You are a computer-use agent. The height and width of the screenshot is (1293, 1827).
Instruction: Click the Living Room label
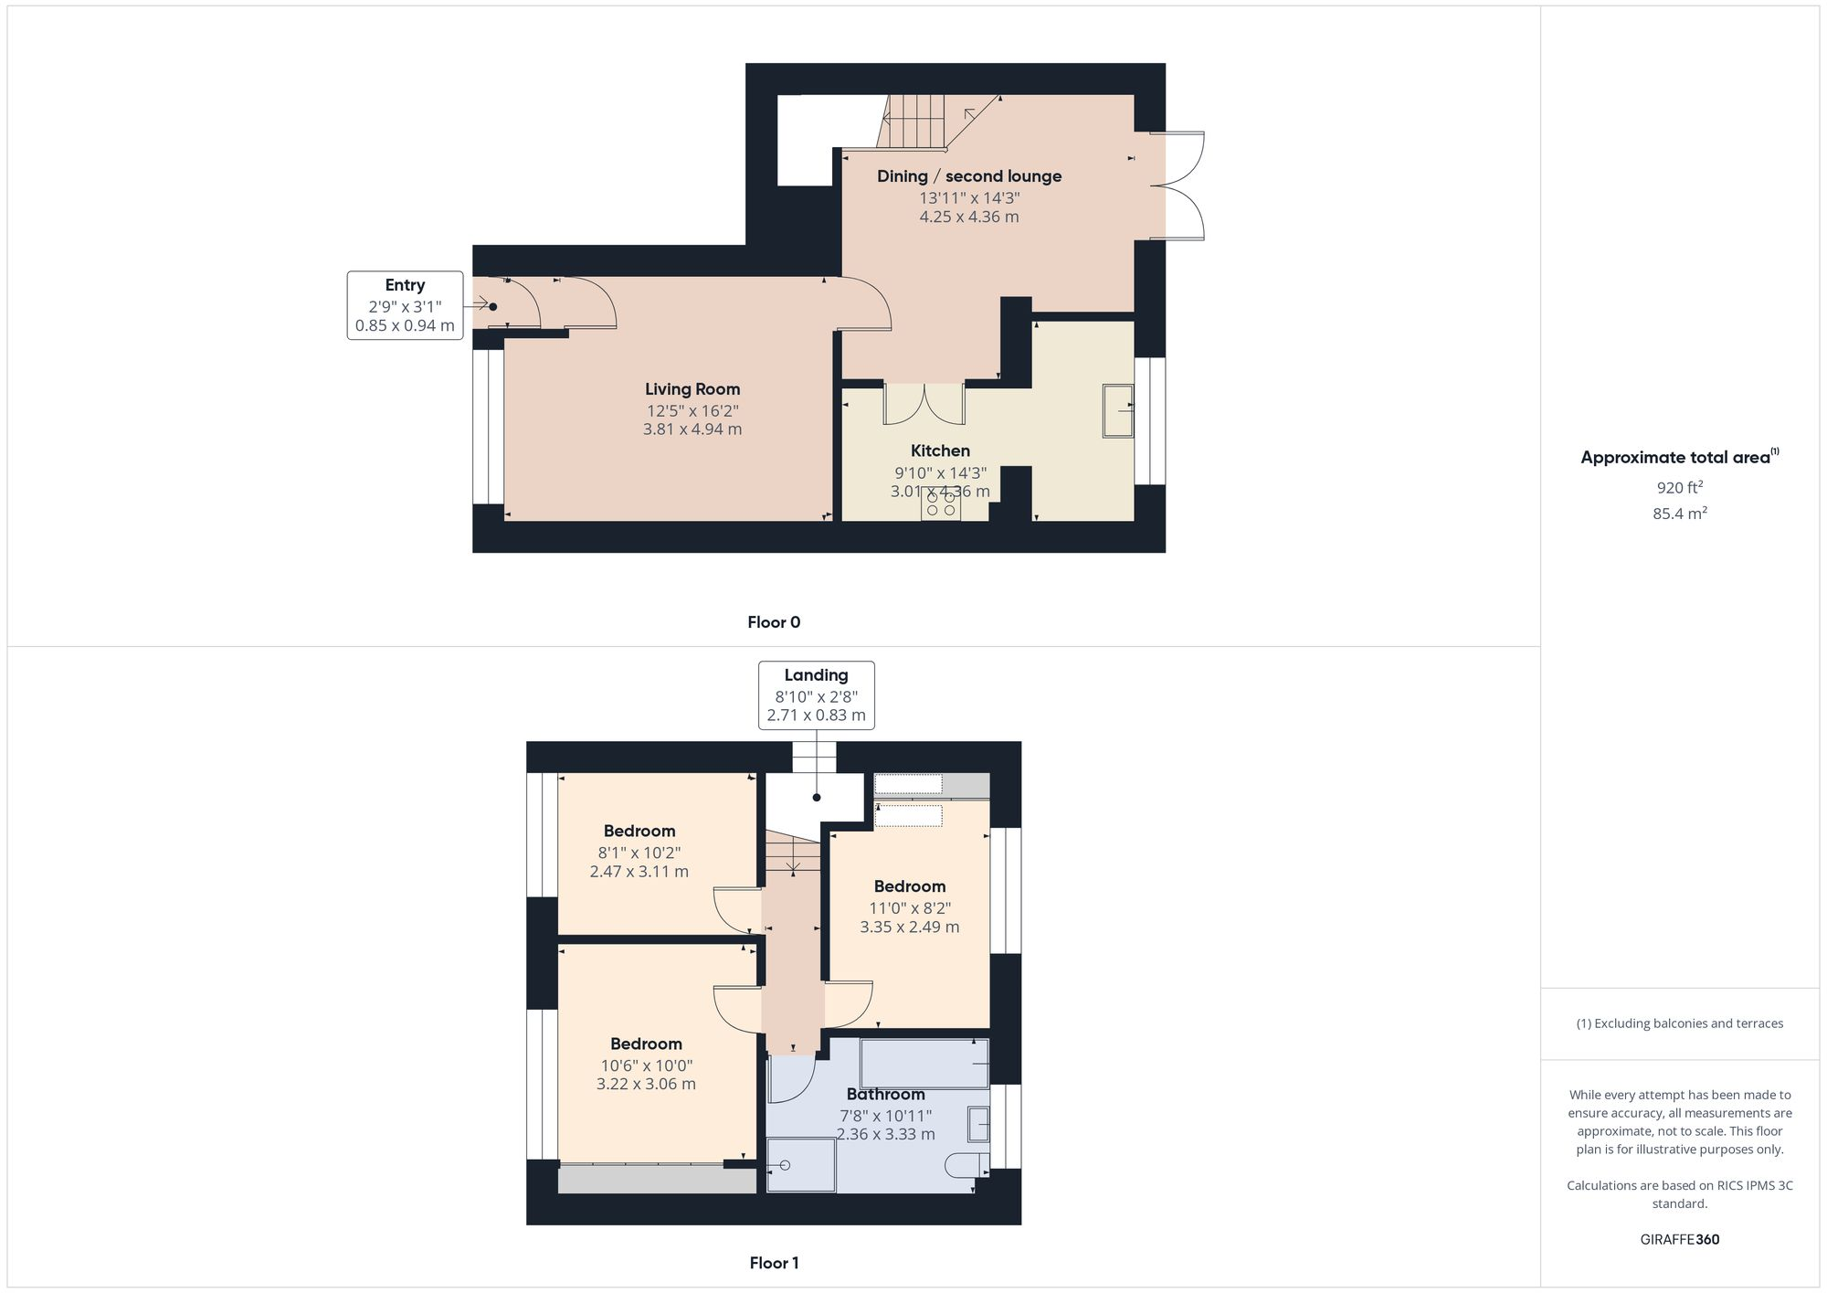click(x=692, y=389)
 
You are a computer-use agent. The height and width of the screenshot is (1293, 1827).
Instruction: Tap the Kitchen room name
click(x=940, y=450)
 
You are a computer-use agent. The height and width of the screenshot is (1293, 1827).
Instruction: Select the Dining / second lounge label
click(x=968, y=176)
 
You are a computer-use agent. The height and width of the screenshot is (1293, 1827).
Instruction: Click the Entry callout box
click(x=405, y=305)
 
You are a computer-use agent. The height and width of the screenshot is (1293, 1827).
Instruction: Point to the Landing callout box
click(x=816, y=694)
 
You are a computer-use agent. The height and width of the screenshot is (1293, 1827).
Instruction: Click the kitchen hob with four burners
click(x=940, y=505)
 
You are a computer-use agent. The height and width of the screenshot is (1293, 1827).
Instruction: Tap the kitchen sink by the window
click(x=1117, y=410)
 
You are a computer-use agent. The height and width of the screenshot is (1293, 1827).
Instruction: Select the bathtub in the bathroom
click(x=924, y=1063)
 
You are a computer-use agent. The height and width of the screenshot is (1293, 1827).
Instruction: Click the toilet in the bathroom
click(x=967, y=1164)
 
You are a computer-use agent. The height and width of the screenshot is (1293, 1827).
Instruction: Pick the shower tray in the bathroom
click(x=800, y=1165)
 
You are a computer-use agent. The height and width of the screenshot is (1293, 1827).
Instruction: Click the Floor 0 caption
click(x=774, y=622)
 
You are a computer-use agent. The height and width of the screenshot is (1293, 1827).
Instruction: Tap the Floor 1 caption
click(x=774, y=1263)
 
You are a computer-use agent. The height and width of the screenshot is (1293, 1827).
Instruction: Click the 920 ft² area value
click(x=1679, y=487)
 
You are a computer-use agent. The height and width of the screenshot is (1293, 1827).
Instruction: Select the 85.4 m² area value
click(x=1679, y=514)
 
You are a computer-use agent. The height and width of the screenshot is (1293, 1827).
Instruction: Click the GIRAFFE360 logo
click(x=1679, y=1239)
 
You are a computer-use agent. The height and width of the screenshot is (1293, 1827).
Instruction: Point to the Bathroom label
click(x=885, y=1094)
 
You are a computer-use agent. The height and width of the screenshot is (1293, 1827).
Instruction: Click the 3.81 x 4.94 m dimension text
click(x=692, y=429)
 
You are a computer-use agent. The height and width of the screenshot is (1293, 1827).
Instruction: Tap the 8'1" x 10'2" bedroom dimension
click(x=639, y=853)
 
